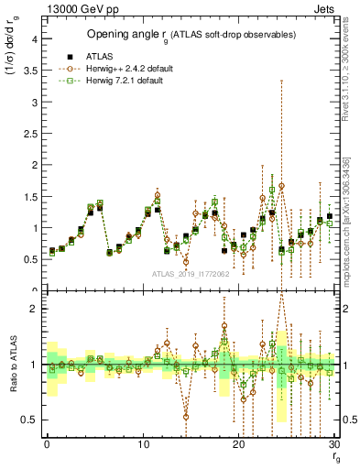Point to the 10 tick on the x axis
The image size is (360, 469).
click(143, 445)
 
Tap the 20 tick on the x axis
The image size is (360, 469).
click(239, 445)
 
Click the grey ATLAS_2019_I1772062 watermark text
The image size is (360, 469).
click(191, 274)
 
